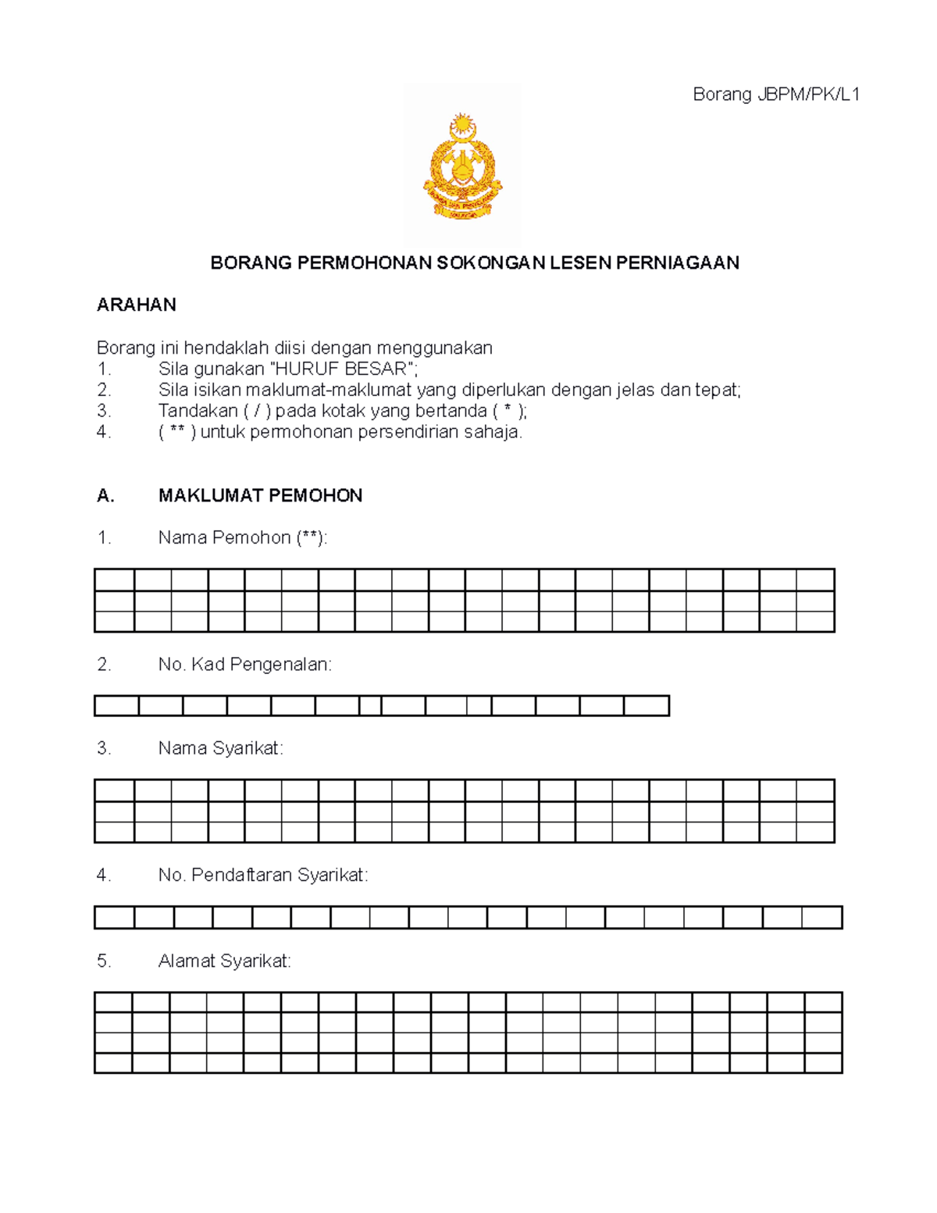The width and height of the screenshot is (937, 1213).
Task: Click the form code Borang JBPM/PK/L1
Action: click(776, 95)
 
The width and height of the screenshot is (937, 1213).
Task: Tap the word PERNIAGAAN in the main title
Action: click(677, 263)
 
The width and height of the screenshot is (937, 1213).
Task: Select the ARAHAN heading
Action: click(136, 305)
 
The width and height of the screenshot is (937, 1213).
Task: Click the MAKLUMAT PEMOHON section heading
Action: click(260, 496)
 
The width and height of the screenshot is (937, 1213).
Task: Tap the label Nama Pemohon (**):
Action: click(243, 538)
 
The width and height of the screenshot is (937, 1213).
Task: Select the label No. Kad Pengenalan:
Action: click(244, 665)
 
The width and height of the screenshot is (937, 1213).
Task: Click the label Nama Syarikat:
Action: click(220, 748)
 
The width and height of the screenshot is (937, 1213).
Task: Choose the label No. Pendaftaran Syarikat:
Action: click(262, 876)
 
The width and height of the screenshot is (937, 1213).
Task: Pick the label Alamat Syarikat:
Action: click(224, 961)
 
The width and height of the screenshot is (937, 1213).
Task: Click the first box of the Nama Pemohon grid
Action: click(114, 580)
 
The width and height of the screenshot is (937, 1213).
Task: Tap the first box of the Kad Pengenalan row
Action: click(116, 706)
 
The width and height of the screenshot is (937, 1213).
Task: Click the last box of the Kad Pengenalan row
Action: click(647, 706)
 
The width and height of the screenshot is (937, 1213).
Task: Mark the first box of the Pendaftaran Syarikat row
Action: click(114, 918)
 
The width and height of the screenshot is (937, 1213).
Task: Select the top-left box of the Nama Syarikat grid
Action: click(114, 790)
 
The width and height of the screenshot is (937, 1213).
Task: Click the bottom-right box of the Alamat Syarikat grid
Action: click(823, 1063)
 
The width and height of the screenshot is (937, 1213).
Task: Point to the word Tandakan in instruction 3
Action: click(198, 412)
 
